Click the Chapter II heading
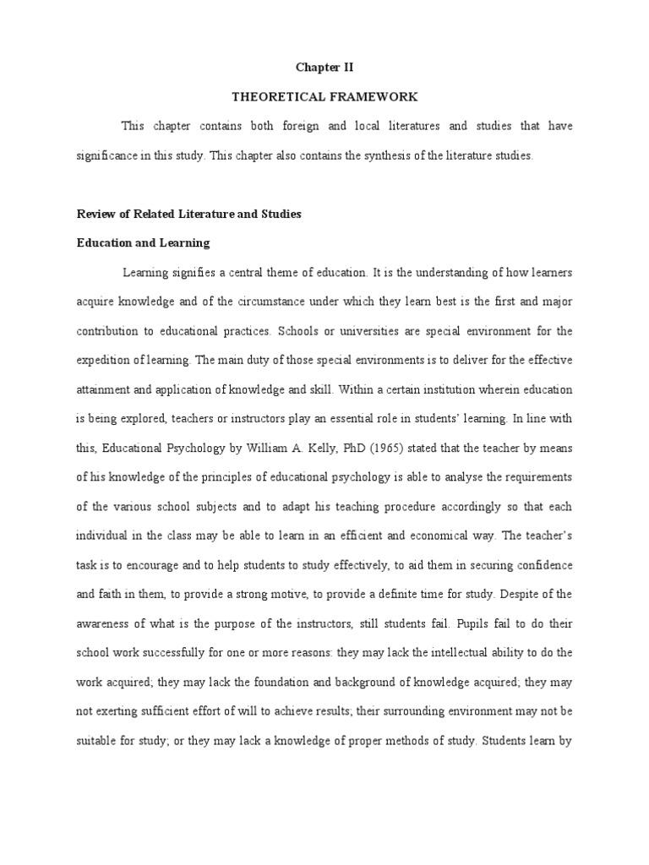(324, 68)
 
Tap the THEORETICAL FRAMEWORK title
(324, 97)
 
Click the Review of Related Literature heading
(188, 214)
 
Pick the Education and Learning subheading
(143, 242)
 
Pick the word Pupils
(473, 623)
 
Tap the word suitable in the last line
(97, 741)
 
